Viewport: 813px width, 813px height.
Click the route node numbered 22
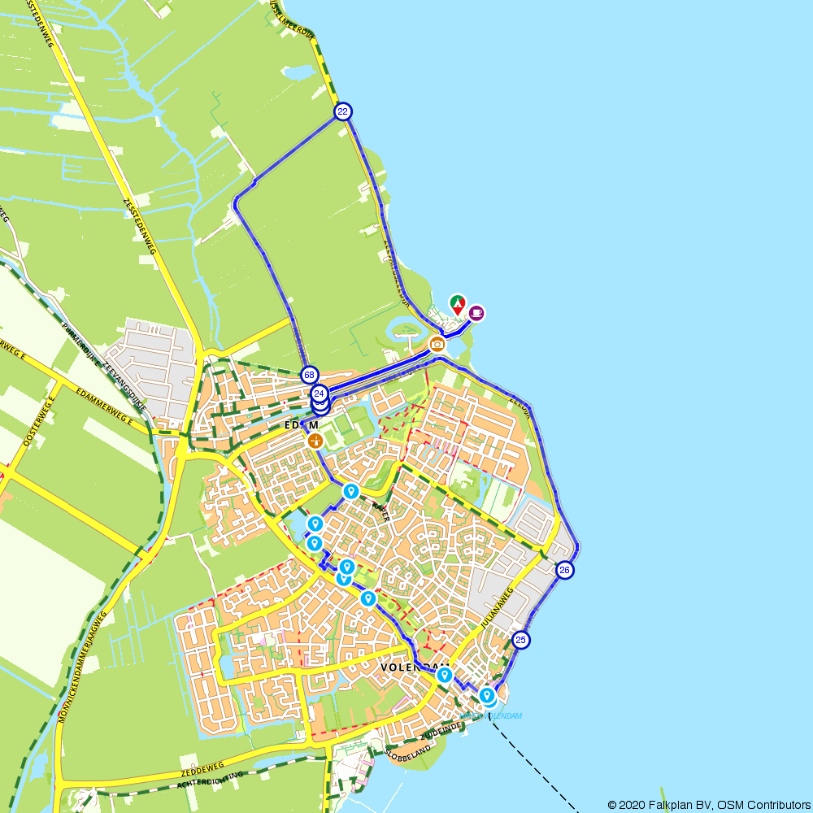click(343, 111)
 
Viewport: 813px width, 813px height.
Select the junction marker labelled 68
click(309, 375)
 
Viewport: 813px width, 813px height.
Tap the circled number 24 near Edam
click(319, 393)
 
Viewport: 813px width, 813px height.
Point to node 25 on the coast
click(521, 641)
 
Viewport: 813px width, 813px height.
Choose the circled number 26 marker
click(565, 571)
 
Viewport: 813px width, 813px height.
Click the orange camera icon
click(437, 344)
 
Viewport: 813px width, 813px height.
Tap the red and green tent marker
click(458, 305)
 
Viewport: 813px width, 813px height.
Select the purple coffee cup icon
click(476, 311)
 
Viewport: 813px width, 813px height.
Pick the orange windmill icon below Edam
click(315, 440)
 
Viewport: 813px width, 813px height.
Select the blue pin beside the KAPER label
click(351, 491)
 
